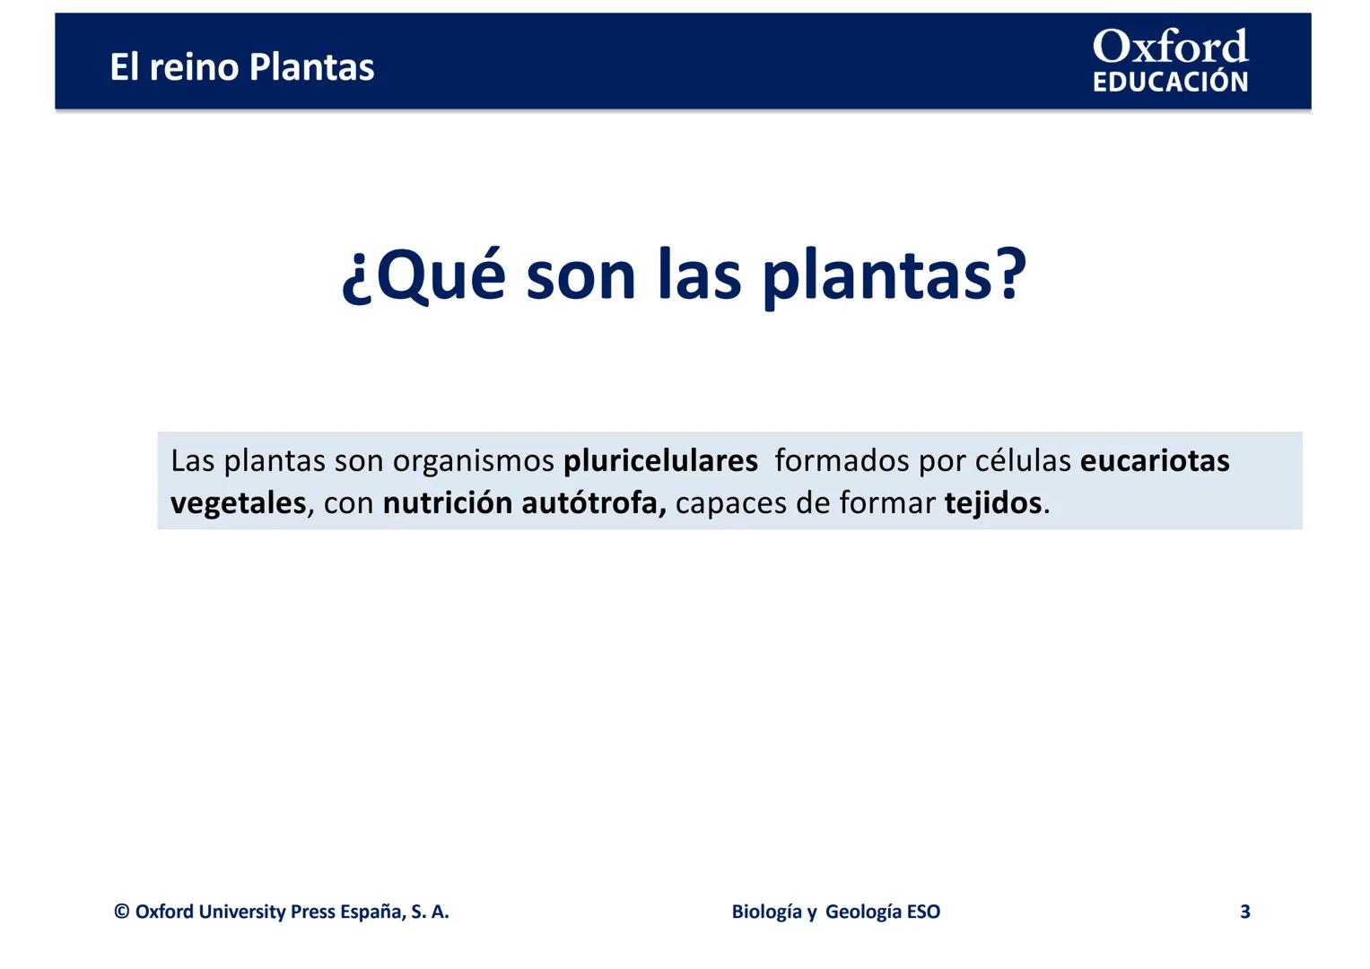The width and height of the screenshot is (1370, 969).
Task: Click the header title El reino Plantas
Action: pyautogui.click(x=241, y=66)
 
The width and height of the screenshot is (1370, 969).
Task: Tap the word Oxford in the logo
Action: pyautogui.click(x=1170, y=46)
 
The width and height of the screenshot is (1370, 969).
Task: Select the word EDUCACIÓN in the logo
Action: pyautogui.click(x=1170, y=82)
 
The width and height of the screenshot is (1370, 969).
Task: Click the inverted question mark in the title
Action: pyautogui.click(x=356, y=283)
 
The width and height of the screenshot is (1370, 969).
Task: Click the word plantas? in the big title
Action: pyautogui.click(x=894, y=278)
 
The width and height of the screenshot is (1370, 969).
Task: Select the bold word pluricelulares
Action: pyautogui.click(x=660, y=462)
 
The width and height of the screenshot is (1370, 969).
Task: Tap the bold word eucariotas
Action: pyautogui.click(x=1155, y=460)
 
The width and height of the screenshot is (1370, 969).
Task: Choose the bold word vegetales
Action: pyautogui.click(x=238, y=504)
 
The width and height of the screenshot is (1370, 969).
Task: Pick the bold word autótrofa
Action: pyautogui.click(x=594, y=503)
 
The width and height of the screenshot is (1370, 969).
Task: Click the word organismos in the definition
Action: pyautogui.click(x=474, y=462)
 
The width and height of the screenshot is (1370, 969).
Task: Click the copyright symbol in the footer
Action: pyautogui.click(x=122, y=912)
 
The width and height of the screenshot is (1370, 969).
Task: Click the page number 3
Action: pyautogui.click(x=1245, y=912)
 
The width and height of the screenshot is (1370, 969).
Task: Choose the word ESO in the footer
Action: pyautogui.click(x=923, y=912)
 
